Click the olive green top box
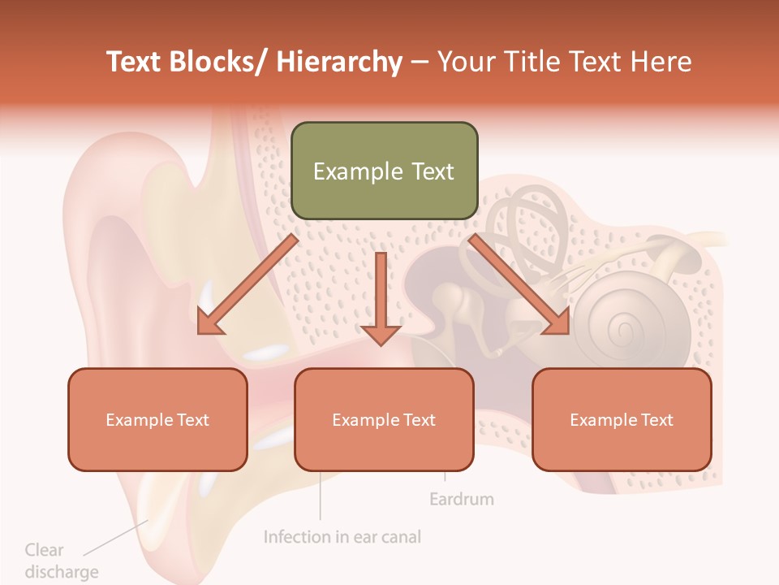coord(384,171)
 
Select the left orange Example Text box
coord(157,419)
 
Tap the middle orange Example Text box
coord(384,419)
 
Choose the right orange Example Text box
coord(622,419)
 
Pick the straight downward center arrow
coord(381,301)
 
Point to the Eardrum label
coord(461,499)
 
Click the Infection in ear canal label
coord(342,537)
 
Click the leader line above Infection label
coord(320,496)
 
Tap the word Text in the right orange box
coord(657,419)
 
